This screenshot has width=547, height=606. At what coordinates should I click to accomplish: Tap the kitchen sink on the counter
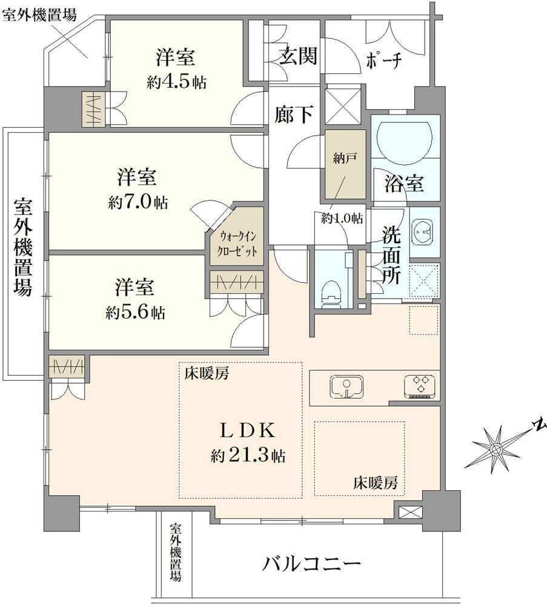[346, 387]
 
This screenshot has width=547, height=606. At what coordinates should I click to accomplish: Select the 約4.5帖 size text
[176, 82]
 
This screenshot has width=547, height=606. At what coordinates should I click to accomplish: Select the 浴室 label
[404, 182]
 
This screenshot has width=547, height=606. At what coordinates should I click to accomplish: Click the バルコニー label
[311, 565]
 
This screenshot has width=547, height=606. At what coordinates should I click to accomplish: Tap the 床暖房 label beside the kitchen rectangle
[376, 483]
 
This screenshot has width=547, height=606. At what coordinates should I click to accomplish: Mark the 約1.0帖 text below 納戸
[342, 218]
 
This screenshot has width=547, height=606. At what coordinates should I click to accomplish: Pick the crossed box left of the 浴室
[343, 107]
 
